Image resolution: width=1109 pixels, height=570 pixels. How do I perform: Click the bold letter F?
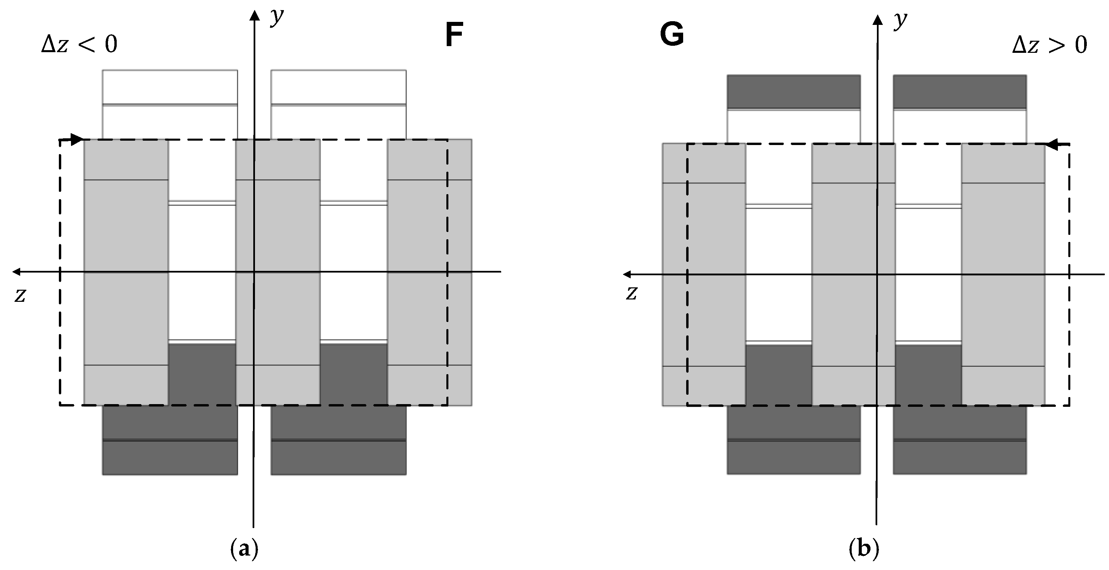pyautogui.click(x=454, y=35)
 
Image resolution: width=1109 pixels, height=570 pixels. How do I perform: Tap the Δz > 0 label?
pyautogui.click(x=1049, y=45)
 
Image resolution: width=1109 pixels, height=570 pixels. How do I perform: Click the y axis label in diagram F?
pyautogui.click(x=277, y=17)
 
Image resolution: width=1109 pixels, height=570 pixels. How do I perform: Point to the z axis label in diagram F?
pyautogui.click(x=20, y=295)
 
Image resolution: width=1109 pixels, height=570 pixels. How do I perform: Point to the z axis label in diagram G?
pyautogui.click(x=631, y=293)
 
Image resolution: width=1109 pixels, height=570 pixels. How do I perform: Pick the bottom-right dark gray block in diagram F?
pyautogui.click(x=338, y=440)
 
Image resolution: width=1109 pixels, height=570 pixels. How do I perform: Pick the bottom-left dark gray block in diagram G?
pyautogui.click(x=793, y=440)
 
